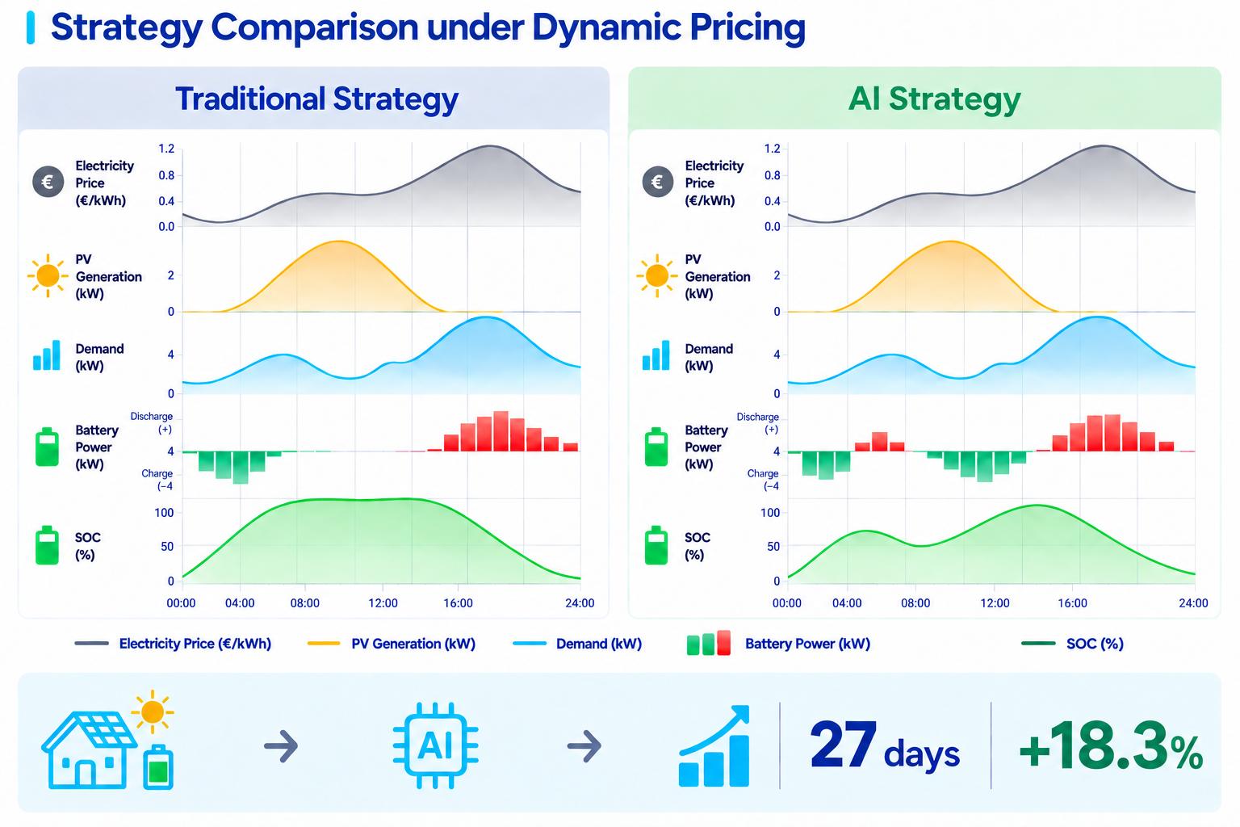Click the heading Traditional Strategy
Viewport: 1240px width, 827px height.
point(316,99)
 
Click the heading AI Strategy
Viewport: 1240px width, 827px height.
point(934,99)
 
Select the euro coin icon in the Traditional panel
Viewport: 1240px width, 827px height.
point(48,182)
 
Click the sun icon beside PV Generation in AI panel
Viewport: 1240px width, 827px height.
point(657,275)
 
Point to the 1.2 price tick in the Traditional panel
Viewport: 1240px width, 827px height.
point(166,149)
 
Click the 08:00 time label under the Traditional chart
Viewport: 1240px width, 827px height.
point(304,602)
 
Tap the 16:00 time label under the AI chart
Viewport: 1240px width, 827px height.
point(1072,602)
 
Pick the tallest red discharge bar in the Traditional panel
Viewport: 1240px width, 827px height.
point(501,431)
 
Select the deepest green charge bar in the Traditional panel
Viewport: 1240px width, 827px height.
point(241,468)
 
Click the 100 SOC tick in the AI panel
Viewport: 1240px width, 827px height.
point(769,513)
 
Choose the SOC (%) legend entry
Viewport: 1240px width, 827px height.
point(1072,644)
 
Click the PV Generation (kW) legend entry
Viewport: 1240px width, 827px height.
point(392,644)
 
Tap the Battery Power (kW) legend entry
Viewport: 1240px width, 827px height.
point(778,644)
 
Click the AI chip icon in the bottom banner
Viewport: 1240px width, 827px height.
point(436,745)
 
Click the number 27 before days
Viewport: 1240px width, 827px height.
point(843,745)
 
